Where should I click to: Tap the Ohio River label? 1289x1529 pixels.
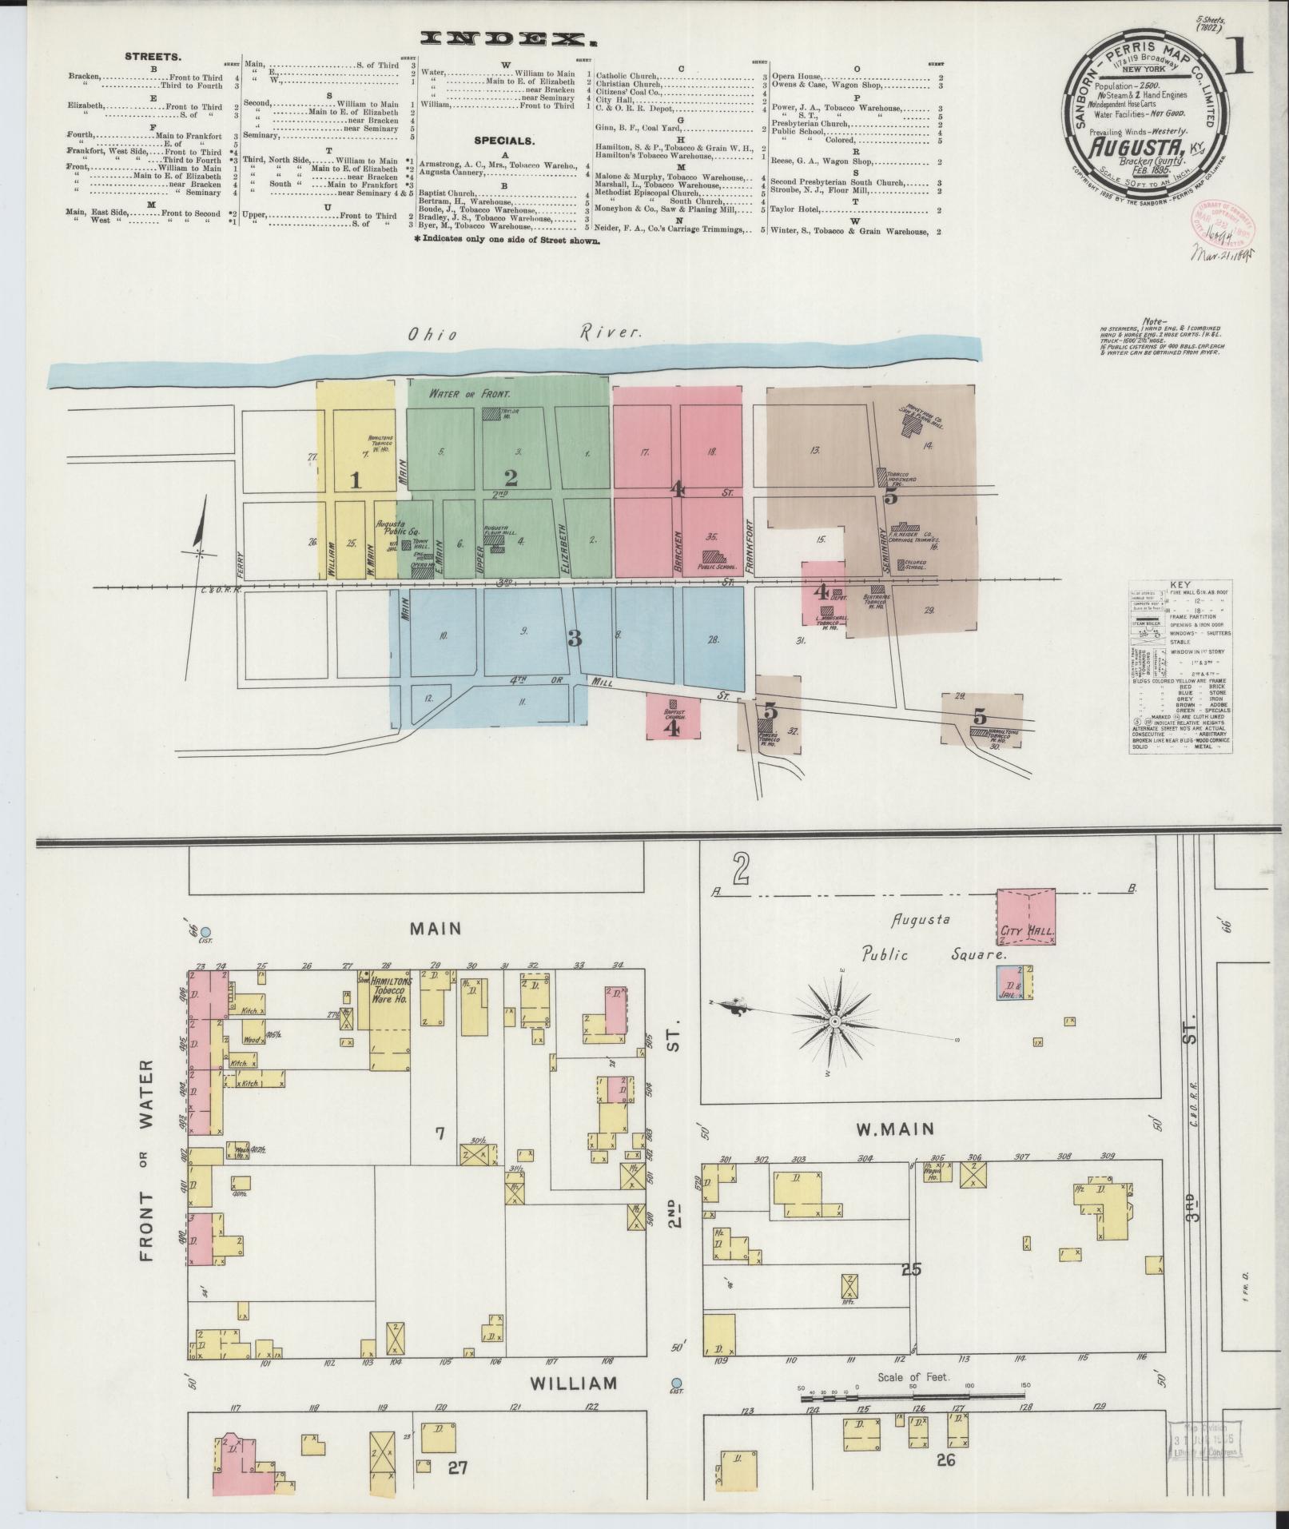tap(524, 333)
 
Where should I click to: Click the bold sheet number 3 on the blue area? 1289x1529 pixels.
tap(573, 638)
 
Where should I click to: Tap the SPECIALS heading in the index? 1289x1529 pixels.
tap(503, 140)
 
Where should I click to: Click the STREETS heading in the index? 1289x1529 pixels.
tap(153, 57)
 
